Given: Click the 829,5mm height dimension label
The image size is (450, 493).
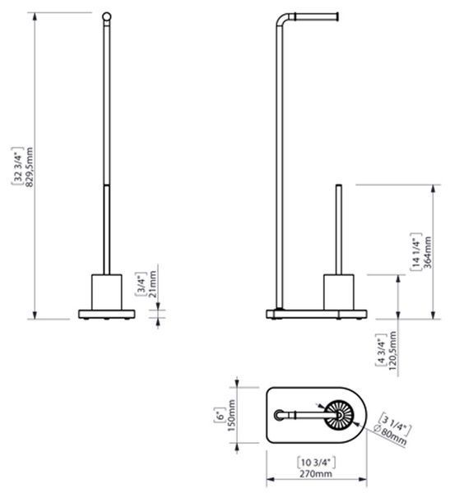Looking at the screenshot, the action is click(29, 167).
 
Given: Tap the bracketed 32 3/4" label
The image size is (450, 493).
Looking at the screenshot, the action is click(18, 166).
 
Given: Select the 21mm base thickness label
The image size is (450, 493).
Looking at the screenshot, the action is click(152, 285).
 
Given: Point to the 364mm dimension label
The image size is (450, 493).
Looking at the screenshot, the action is click(427, 252).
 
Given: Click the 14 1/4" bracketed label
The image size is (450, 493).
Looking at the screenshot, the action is click(415, 251).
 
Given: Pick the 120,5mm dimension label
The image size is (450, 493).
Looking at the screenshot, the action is click(392, 351).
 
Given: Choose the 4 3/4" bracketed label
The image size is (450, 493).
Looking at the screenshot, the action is click(381, 350).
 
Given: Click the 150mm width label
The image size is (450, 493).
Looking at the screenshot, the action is click(231, 415).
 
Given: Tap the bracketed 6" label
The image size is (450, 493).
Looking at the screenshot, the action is click(220, 415).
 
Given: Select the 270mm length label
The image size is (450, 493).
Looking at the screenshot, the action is click(316, 474).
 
